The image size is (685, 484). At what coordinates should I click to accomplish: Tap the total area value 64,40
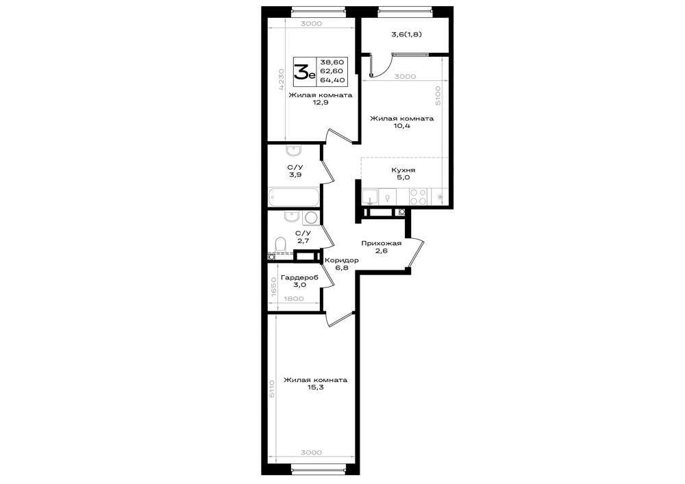332,80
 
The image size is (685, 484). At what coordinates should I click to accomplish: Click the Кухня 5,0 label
403,174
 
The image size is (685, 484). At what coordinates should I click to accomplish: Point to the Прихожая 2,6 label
382,247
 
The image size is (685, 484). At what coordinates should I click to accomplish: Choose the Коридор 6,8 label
342,264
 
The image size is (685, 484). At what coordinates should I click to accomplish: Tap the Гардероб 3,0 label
300,281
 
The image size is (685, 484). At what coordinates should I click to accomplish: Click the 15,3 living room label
315,383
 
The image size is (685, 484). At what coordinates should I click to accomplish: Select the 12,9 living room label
320,99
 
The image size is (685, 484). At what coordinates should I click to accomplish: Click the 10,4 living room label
402,122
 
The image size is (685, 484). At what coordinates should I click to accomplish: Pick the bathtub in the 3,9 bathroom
294,197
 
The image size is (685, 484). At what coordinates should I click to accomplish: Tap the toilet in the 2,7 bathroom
280,244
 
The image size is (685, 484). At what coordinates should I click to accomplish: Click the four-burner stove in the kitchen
419,196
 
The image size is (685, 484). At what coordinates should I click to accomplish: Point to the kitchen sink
371,196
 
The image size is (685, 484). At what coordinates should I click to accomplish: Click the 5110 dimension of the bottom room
271,388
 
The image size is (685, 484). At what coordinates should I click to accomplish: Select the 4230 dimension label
281,79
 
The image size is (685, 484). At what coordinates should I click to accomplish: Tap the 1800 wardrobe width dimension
294,299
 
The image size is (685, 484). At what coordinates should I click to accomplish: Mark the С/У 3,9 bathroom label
295,170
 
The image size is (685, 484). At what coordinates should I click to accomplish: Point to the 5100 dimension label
438,95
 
